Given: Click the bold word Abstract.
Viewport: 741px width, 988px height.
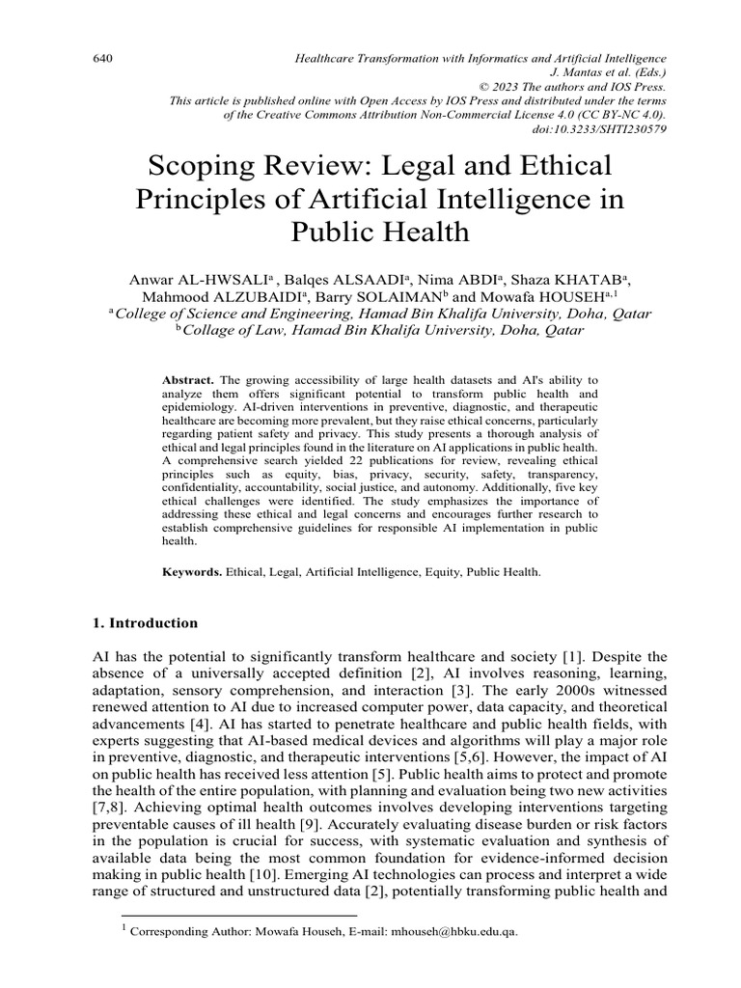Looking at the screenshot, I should pyautogui.click(x=187, y=382).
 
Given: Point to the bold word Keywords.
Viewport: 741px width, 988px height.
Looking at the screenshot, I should pyautogui.click(x=191, y=572).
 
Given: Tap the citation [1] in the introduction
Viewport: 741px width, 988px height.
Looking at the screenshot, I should pyautogui.click(x=553, y=657).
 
